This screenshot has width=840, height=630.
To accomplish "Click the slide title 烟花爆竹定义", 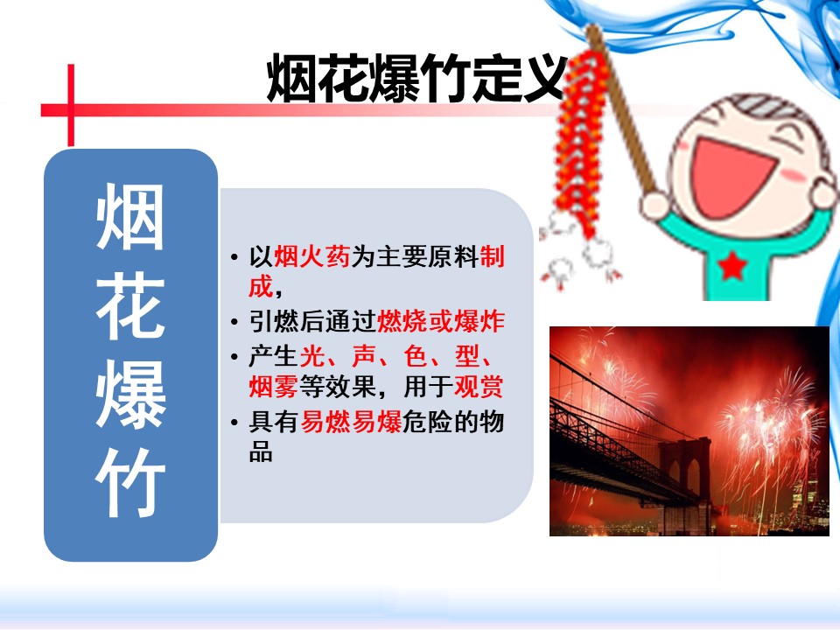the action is pos(417,78).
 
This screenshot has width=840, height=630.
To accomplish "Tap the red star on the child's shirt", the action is pos(732,266).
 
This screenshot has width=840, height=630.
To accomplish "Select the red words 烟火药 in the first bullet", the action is pos(312,256).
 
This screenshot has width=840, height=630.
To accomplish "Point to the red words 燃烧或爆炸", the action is pos(441,321).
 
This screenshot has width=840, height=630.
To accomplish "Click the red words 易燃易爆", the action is pos(351,422).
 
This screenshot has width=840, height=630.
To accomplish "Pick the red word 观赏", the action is pos(479,386).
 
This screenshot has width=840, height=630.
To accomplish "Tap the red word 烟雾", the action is pos(273,386).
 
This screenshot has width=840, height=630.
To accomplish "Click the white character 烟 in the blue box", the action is pos(130,216).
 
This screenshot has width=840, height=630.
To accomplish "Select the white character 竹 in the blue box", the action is pos(130,483).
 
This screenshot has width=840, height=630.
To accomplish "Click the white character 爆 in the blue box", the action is pos(130,395).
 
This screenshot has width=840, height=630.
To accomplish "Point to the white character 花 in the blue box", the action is pos(130,306).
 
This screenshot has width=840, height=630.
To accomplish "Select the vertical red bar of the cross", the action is pos(71,105).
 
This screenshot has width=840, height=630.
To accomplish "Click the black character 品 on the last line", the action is pos(261,451).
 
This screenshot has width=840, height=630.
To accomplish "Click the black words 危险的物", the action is pos(453,422).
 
